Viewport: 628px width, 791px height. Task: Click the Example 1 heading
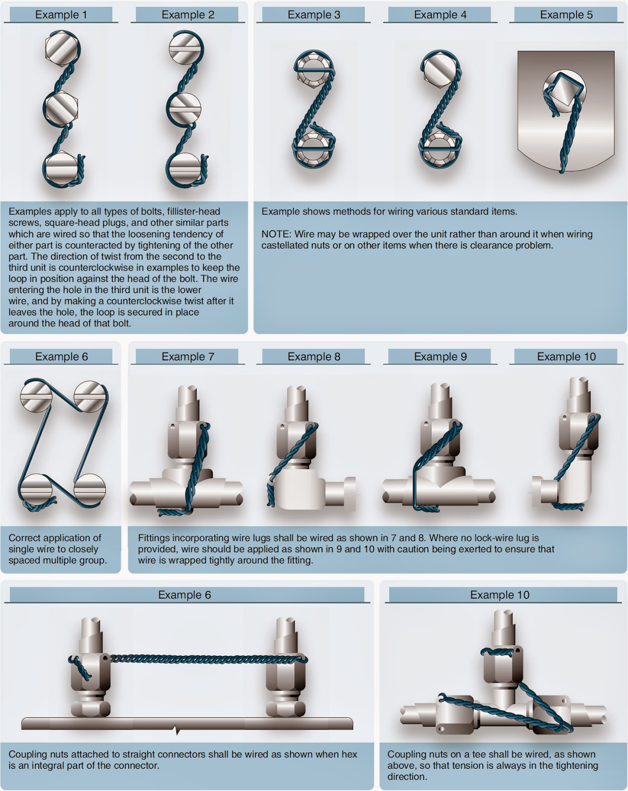point(61,14)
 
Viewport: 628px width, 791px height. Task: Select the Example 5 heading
point(566,14)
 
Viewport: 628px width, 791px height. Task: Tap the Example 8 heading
point(314,356)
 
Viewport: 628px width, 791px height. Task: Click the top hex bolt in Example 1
point(62,48)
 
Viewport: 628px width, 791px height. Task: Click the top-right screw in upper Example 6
point(90,395)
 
